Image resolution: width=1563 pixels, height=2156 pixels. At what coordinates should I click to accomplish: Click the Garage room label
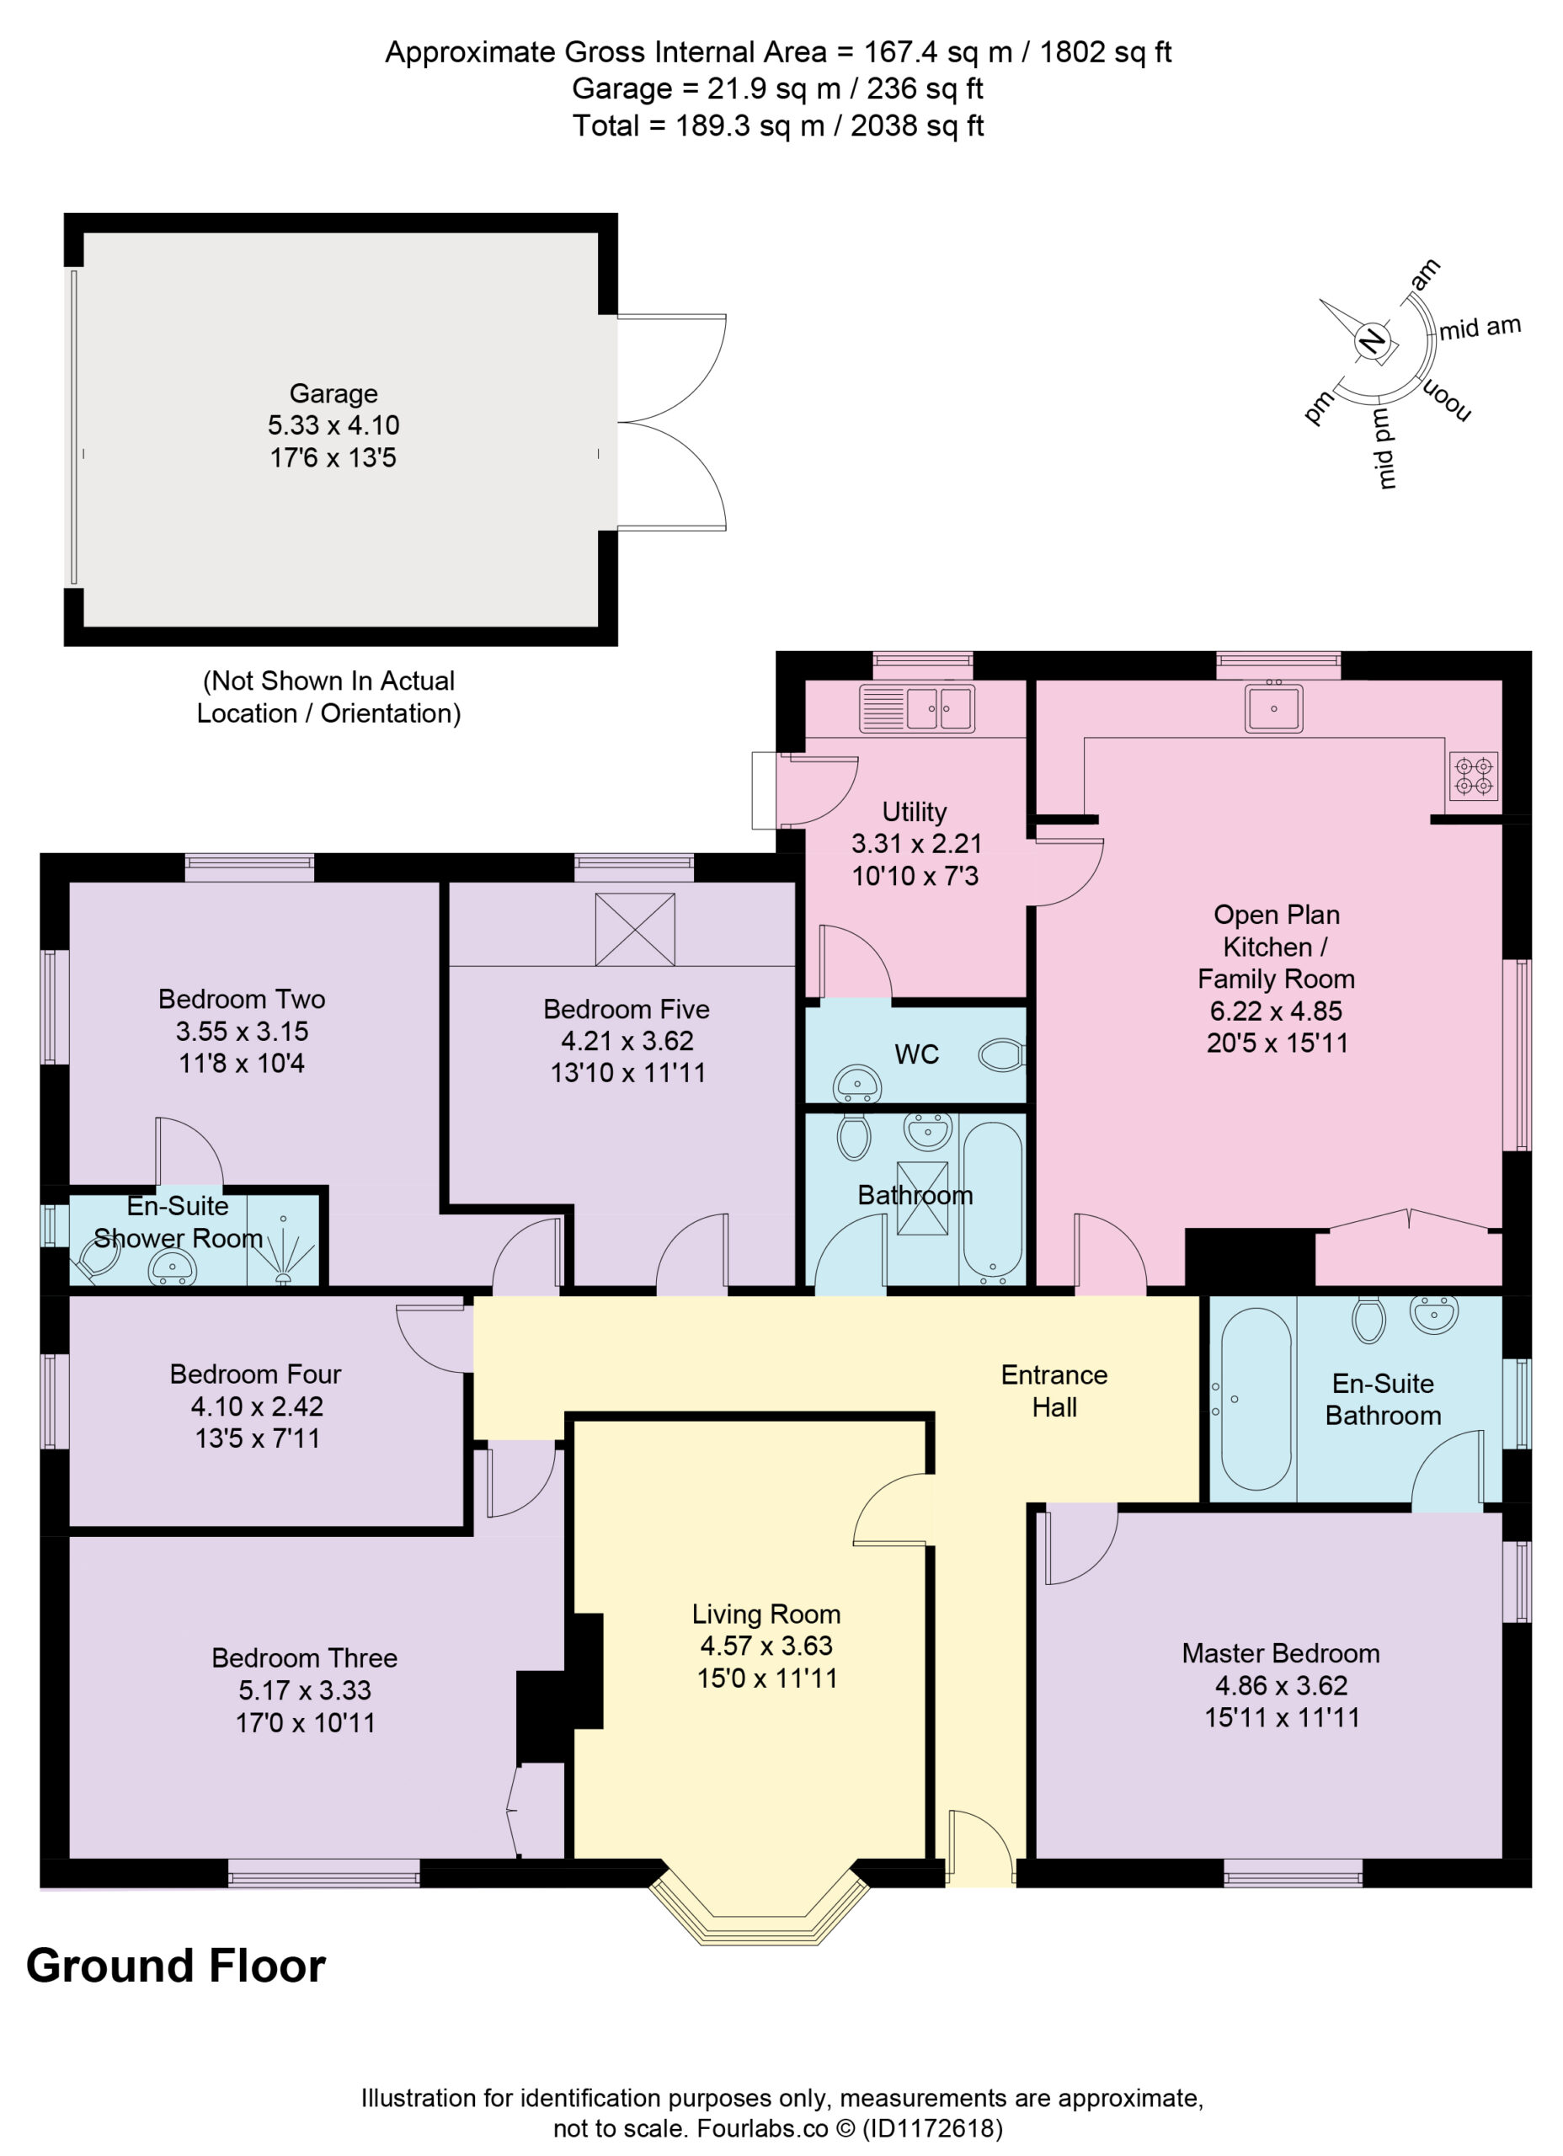[333, 393]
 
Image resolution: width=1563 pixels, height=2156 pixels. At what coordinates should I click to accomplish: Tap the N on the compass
[1371, 340]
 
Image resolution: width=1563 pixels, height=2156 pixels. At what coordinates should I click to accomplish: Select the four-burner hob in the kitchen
[1474, 775]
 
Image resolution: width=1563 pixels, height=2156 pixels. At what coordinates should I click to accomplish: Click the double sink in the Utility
[917, 709]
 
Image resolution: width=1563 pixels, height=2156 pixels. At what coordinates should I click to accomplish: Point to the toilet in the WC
[1001, 1054]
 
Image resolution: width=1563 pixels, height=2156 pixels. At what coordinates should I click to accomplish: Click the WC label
[916, 1054]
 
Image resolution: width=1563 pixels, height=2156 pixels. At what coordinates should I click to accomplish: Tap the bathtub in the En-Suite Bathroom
[1256, 1400]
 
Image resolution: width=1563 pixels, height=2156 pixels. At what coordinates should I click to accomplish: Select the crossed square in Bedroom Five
[635, 930]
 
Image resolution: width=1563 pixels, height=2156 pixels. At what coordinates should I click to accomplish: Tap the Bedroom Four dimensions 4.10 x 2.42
[257, 1406]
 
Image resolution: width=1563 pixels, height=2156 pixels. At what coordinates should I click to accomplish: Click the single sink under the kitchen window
[1274, 708]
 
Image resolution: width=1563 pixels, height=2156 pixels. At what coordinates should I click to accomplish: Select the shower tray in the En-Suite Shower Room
[282, 1241]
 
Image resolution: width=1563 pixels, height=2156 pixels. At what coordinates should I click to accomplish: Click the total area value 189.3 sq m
[750, 125]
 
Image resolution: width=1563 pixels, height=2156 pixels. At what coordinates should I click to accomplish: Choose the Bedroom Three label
[304, 1658]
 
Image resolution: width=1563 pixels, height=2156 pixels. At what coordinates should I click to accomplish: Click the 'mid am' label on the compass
[1480, 328]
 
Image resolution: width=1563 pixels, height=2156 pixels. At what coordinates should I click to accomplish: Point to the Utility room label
[915, 812]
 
